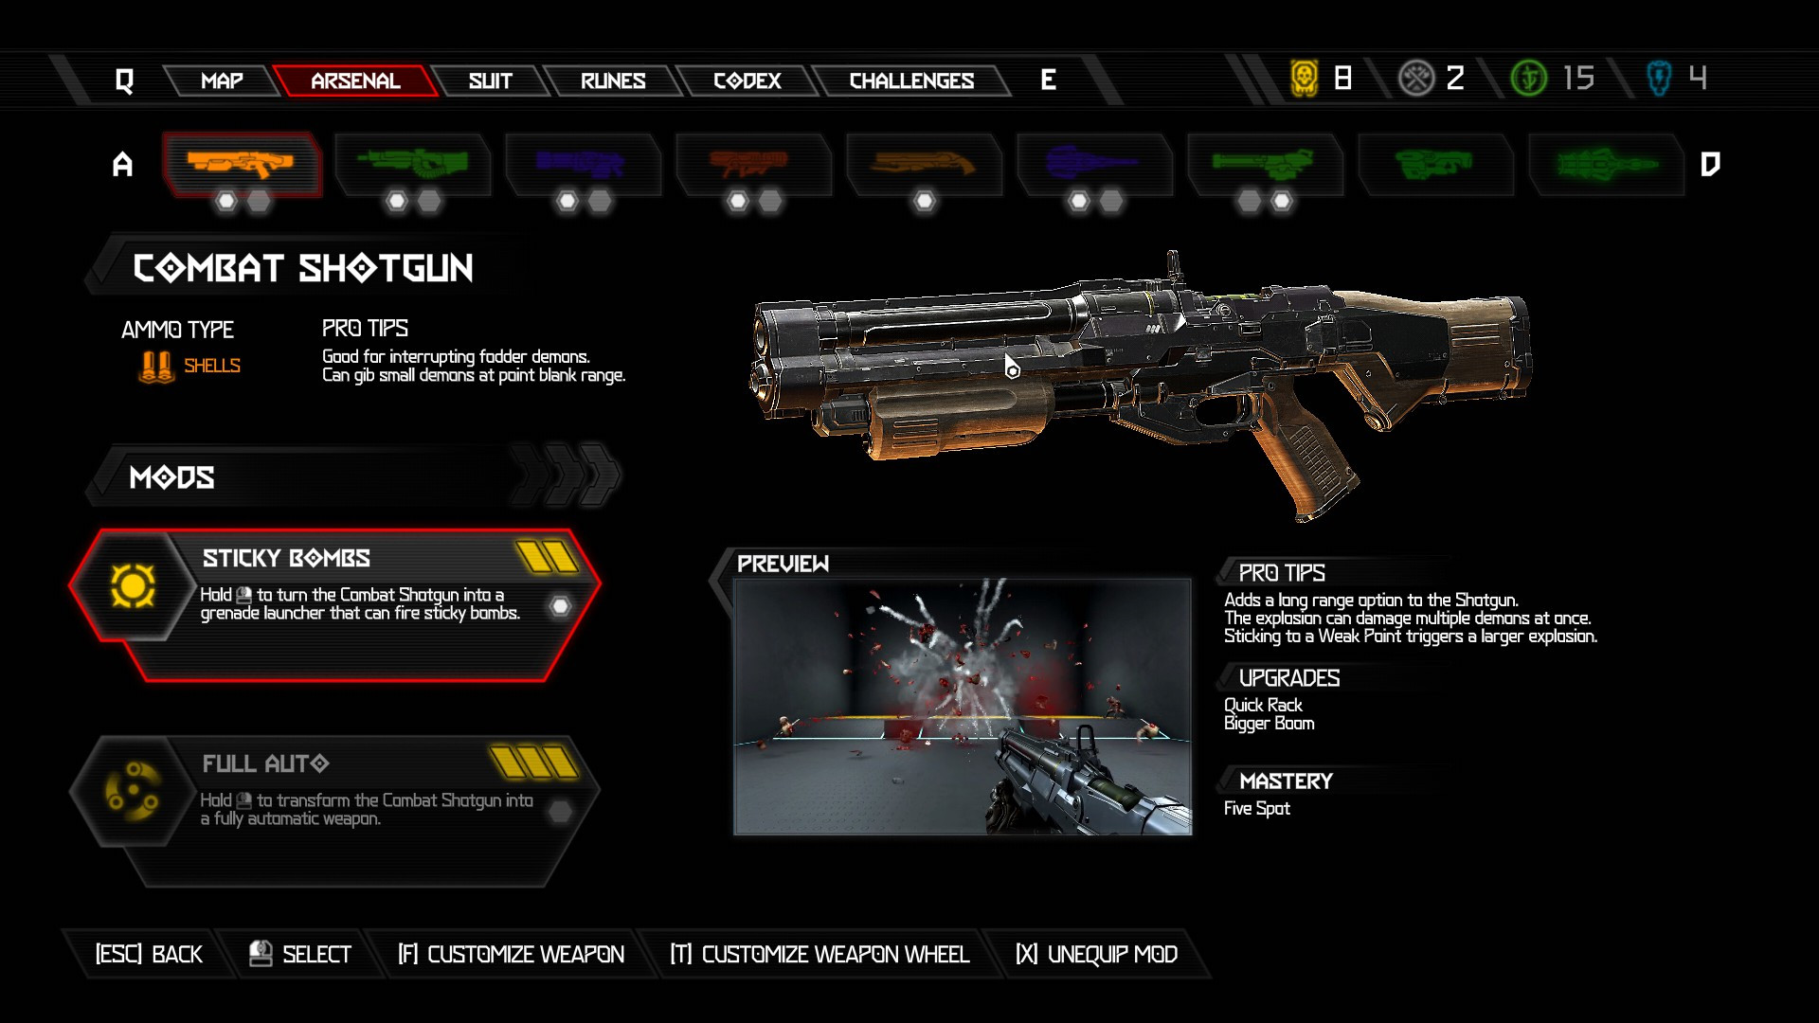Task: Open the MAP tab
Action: click(222, 81)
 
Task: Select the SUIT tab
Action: click(490, 81)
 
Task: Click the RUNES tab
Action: click(613, 81)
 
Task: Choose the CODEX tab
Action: click(747, 81)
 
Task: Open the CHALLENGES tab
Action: click(911, 81)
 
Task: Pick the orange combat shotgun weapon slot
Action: click(242, 164)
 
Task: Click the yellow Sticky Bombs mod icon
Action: click(133, 585)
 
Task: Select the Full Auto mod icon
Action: click(133, 791)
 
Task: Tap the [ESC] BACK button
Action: click(149, 954)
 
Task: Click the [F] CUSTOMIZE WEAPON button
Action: click(511, 954)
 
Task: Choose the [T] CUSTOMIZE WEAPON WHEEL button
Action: click(819, 954)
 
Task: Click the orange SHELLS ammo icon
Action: click(156, 367)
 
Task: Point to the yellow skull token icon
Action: click(1305, 78)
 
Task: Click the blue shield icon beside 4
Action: click(1659, 78)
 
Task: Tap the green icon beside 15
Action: click(1528, 78)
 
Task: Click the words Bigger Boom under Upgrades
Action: click(1269, 724)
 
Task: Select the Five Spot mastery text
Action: click(1256, 808)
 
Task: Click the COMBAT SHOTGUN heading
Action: click(303, 268)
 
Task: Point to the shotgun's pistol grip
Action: click(1312, 464)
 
